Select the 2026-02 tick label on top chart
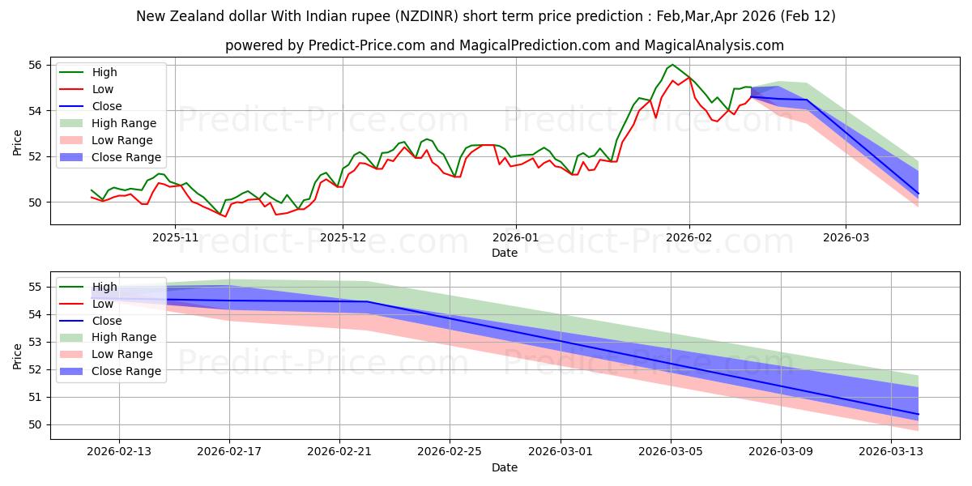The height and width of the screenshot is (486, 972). tap(689, 237)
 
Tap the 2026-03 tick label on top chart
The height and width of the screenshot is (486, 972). tap(846, 237)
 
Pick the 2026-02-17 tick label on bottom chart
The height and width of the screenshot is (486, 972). tap(229, 452)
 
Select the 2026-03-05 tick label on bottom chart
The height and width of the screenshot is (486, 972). tap(671, 452)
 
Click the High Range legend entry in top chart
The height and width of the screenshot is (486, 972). tap(124, 123)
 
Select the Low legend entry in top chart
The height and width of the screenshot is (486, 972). tap(103, 89)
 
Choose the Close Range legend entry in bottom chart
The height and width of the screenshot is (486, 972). tap(126, 371)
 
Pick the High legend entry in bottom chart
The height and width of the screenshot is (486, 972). tap(104, 287)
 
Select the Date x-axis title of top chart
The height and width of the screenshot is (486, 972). tap(504, 253)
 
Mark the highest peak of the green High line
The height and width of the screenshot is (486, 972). tap(671, 65)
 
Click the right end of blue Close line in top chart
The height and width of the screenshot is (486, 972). tap(919, 194)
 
